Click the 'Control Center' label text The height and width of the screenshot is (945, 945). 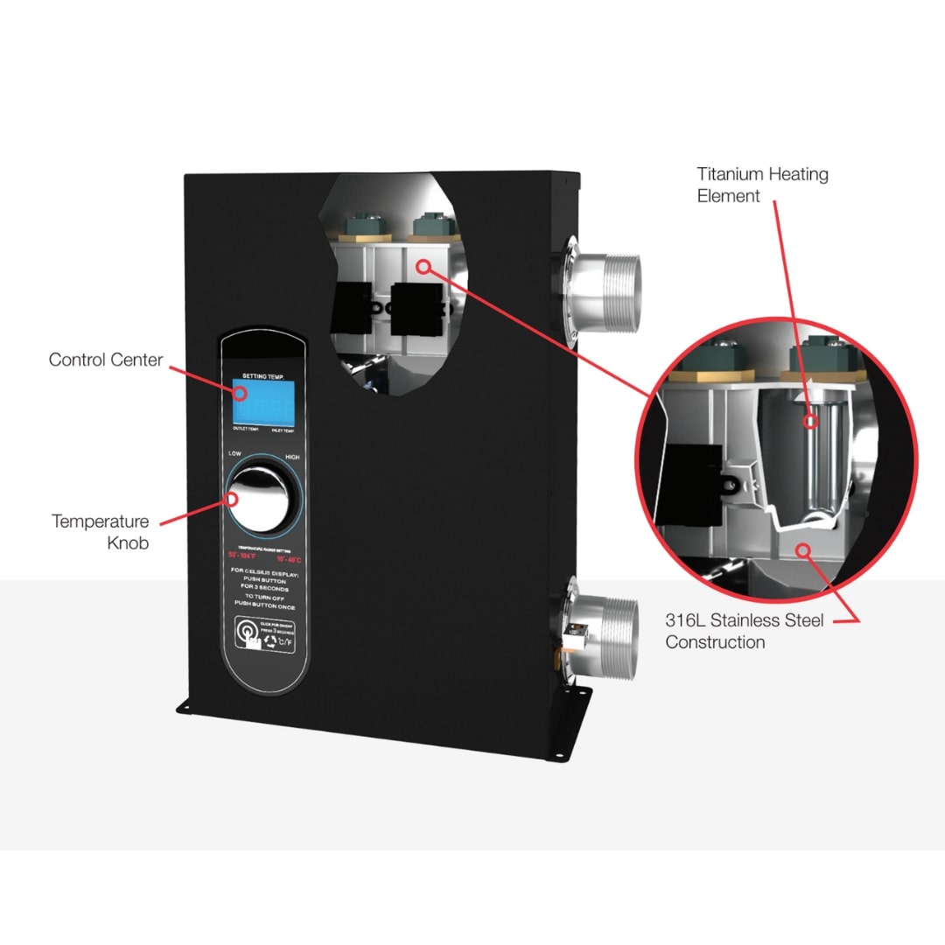pos(106,360)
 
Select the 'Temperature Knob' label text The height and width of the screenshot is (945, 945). pos(100,532)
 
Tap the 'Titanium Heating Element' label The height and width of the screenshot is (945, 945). pos(762,185)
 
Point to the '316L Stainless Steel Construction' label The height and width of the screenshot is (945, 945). pos(744,631)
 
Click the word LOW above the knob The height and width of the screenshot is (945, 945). pos(234,454)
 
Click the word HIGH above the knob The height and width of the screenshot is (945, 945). pos(292,458)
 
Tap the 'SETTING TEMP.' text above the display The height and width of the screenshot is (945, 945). pos(259,375)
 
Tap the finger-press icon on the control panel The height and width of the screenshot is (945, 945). pos(248,633)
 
